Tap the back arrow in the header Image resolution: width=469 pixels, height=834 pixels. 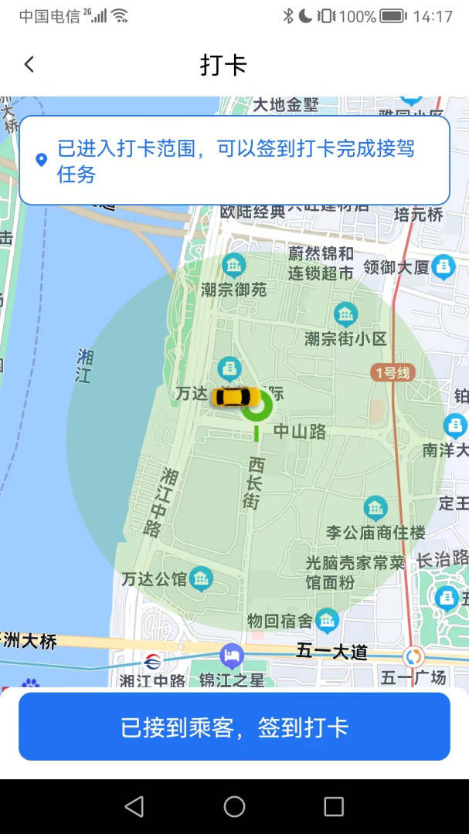point(29,64)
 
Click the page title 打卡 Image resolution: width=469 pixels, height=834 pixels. point(223,65)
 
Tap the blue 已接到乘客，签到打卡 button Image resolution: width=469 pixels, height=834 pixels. point(234,727)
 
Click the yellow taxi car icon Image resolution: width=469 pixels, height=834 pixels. point(236,397)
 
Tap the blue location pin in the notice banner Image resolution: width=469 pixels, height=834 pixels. point(42,160)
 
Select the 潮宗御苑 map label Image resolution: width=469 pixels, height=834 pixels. point(234,290)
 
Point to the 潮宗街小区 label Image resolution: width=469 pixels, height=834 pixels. point(345,338)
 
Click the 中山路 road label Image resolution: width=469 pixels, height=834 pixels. point(301,432)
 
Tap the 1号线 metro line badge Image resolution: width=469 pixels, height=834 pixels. point(393,373)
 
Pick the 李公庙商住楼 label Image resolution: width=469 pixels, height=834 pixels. point(376,532)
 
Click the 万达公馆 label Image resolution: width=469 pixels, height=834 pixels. point(155,578)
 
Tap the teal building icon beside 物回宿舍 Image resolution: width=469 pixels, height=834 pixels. point(328,619)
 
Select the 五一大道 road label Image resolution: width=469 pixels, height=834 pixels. point(331,652)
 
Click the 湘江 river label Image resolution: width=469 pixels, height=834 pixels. point(84,366)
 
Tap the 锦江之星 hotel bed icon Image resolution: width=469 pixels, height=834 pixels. point(231,656)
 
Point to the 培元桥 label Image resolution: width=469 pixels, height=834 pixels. point(418,215)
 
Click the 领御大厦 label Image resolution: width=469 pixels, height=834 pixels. point(396,268)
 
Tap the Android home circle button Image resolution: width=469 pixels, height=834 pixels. point(234,807)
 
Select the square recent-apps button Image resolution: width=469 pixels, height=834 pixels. point(334,807)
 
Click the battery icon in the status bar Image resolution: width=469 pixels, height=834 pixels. point(393,16)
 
